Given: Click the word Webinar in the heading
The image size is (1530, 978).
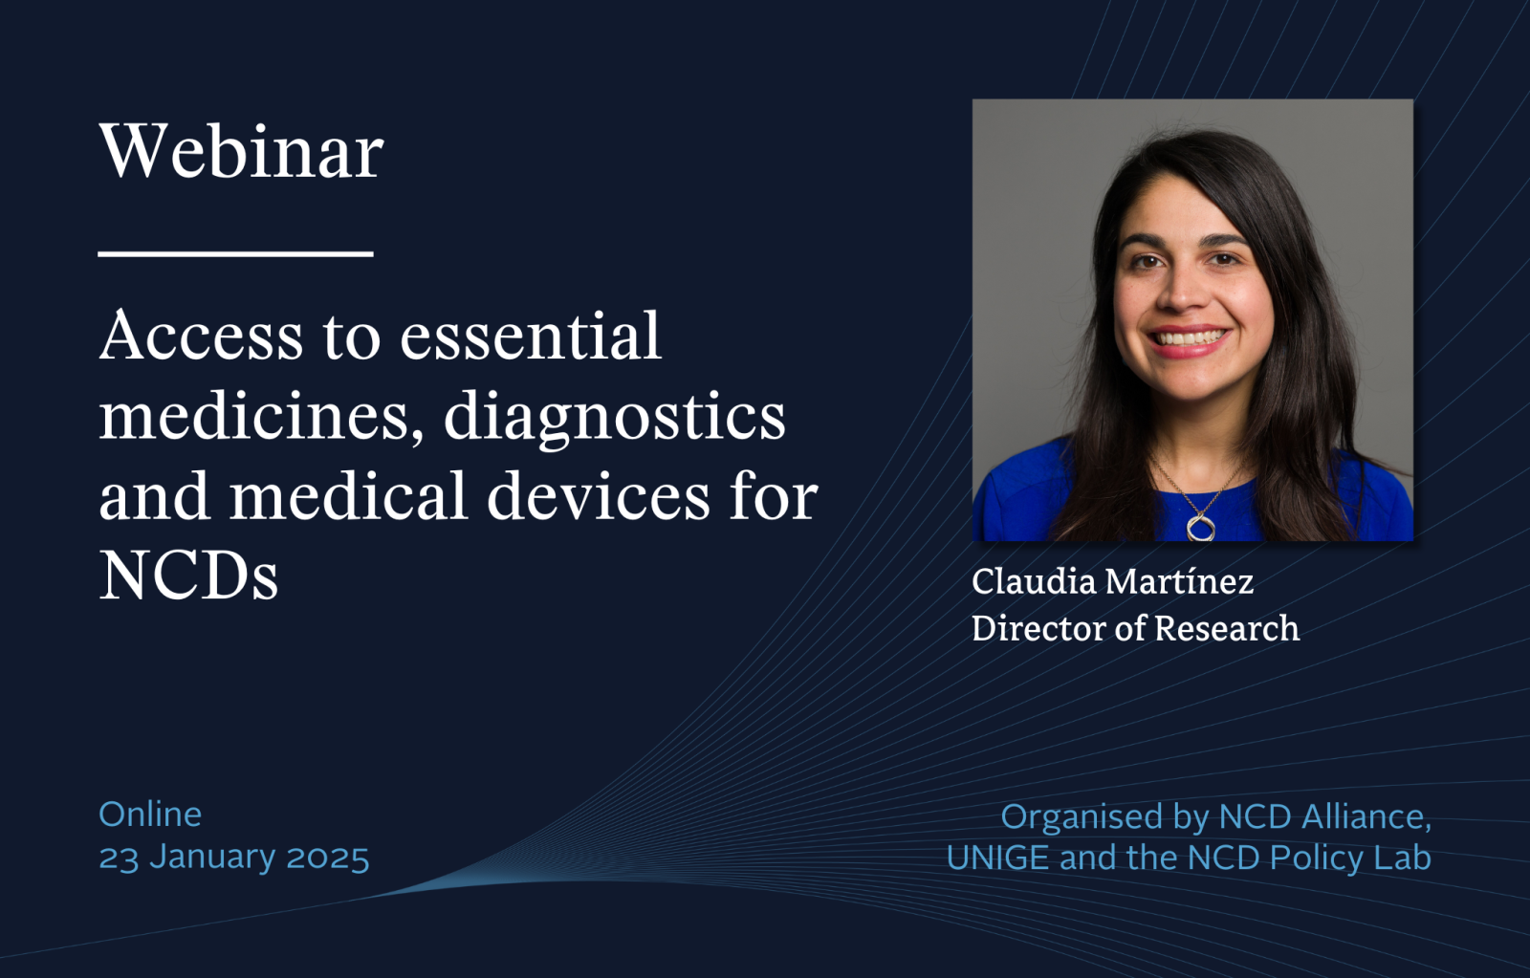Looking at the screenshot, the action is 241,151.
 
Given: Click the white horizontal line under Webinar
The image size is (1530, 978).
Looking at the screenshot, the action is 235,254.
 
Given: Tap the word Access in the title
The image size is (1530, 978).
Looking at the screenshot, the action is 201,336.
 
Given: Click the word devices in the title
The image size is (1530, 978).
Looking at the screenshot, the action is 599,495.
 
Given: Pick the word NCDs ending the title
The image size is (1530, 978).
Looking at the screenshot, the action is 188,576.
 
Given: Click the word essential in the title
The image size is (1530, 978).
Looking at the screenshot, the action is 531,335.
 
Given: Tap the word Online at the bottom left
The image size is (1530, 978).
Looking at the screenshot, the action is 150,815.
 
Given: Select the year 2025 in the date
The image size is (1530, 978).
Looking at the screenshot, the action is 328,858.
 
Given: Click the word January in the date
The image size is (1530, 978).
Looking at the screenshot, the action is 211,858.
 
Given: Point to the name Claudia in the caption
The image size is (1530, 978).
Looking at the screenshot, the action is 1034,581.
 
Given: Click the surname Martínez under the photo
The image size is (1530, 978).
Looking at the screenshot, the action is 1180,581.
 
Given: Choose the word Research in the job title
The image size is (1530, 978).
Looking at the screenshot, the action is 1227,628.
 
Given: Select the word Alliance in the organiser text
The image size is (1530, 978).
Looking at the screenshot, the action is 1366,816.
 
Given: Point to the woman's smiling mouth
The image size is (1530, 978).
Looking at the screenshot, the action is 1189,339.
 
